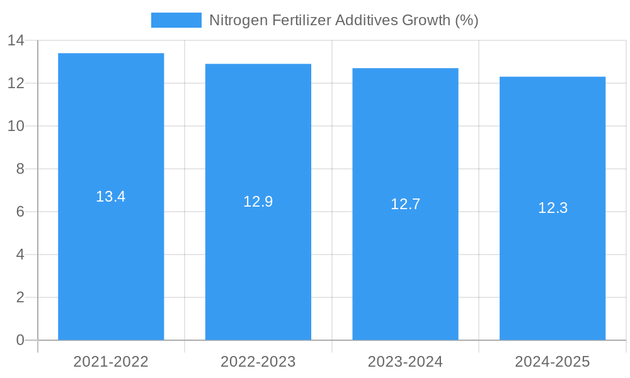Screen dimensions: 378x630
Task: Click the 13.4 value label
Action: tap(111, 197)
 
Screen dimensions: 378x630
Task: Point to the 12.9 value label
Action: tap(258, 202)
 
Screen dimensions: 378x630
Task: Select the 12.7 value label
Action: tap(405, 204)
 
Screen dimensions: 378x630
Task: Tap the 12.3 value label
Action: tap(553, 208)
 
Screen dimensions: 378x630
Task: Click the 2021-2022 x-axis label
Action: tap(111, 362)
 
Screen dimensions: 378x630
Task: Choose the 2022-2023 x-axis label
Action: tap(258, 362)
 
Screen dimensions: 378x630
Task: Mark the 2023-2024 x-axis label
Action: tap(405, 362)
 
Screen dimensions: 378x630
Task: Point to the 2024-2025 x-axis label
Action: tap(553, 362)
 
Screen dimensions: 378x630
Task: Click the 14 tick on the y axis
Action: tap(16, 40)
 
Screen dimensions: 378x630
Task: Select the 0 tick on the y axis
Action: tap(20, 340)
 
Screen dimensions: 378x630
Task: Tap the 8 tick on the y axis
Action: tap(20, 169)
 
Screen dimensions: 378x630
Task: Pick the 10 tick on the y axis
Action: tap(16, 126)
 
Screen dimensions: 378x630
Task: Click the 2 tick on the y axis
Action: tap(20, 297)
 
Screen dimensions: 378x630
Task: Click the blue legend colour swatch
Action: tap(176, 20)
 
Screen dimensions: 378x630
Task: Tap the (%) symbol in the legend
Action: tap(466, 20)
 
